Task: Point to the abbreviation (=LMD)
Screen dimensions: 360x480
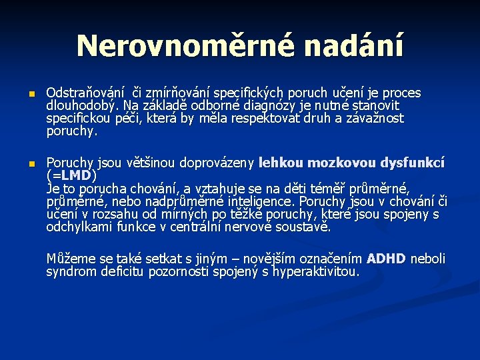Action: coord(71,175)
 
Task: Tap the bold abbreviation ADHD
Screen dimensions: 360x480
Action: coord(385,259)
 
